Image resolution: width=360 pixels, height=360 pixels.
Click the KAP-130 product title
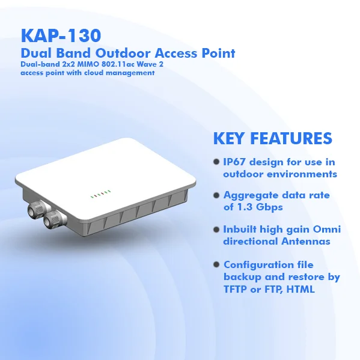61,35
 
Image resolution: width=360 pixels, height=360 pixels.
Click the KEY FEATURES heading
273,138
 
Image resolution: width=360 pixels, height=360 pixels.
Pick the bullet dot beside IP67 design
216,162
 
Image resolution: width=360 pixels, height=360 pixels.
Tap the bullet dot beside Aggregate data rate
216,195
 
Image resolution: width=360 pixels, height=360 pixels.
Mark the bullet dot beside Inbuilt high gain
216,230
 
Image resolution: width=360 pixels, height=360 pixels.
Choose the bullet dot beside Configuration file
216,264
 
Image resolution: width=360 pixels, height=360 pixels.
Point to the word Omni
327,229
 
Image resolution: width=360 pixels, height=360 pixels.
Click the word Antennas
306,241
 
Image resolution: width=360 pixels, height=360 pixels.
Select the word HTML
301,289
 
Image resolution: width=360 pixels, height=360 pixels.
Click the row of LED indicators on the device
100,194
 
